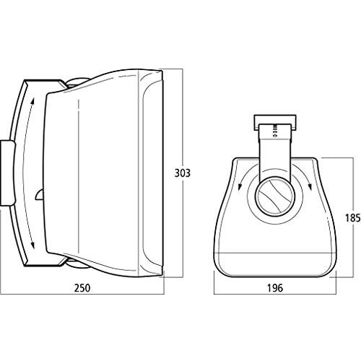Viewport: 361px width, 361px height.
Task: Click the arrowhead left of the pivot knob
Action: (238, 189)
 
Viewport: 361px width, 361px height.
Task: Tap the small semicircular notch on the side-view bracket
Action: (38, 193)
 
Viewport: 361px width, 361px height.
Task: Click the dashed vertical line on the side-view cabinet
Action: (77, 173)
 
